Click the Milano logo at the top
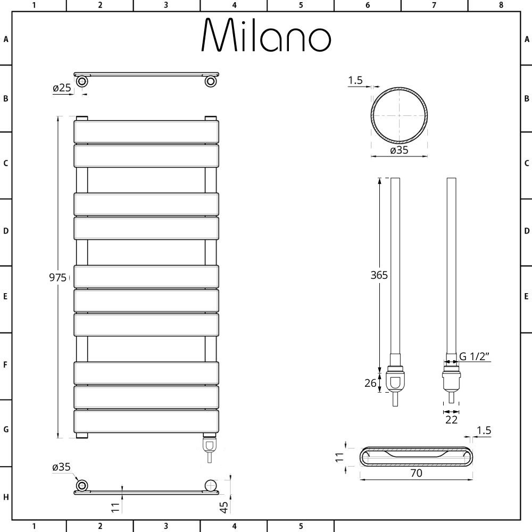(x=266, y=35)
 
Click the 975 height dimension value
(x=57, y=278)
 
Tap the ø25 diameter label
(x=62, y=88)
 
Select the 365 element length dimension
(x=379, y=275)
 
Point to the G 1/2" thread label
(x=475, y=356)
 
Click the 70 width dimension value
(x=417, y=472)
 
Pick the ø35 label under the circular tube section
(x=400, y=150)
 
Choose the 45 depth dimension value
(x=224, y=507)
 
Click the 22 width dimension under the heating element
(x=451, y=420)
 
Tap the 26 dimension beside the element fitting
(x=370, y=383)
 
